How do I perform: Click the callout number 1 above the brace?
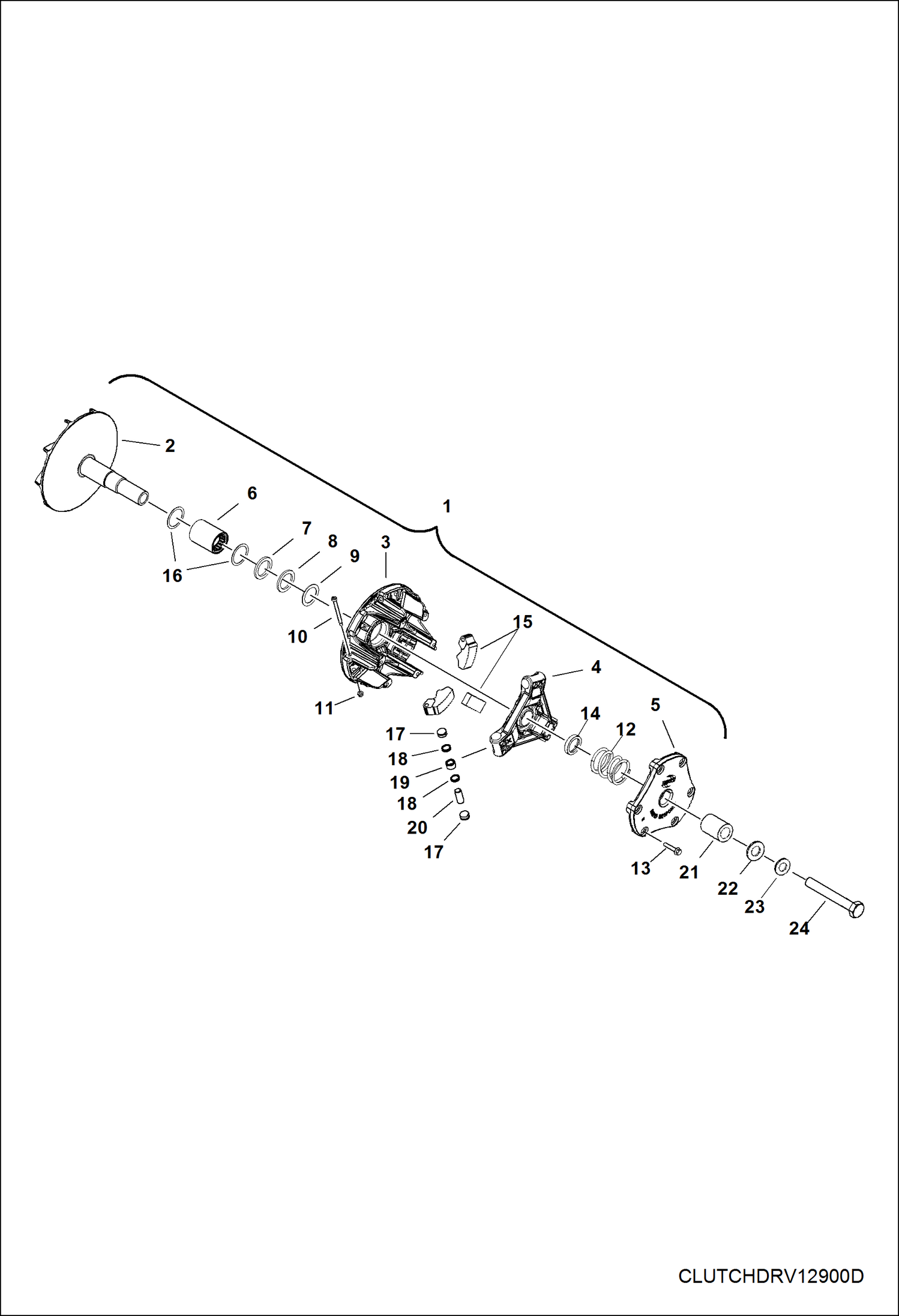(x=446, y=506)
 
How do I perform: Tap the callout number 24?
(x=799, y=928)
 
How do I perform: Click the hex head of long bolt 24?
(x=857, y=909)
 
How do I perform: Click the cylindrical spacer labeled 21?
(x=717, y=827)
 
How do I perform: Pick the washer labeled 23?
(x=781, y=865)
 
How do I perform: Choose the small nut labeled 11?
(x=360, y=694)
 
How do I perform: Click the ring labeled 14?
(x=573, y=744)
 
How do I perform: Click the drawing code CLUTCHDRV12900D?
(x=771, y=1276)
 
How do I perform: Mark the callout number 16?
(x=172, y=576)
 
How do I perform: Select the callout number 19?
(x=400, y=783)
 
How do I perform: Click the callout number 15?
(x=522, y=622)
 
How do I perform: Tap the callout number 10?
(x=298, y=637)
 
